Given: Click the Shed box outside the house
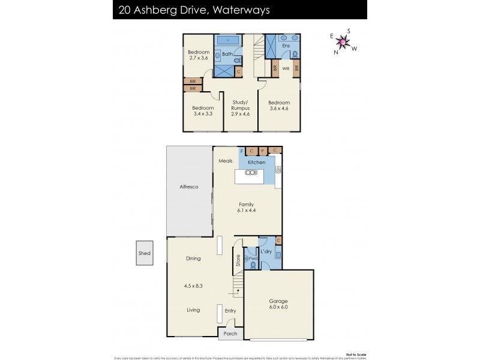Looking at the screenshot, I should tap(144, 253).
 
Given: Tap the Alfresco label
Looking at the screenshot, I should tap(189, 187).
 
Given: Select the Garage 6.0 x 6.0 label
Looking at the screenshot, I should tap(278, 304).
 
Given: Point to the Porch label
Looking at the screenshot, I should tap(230, 334).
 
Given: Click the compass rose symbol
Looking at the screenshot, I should tap(343, 41).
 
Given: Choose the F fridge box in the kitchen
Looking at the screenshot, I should tap(242, 151).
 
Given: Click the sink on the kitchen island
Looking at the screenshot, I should tap(251, 172).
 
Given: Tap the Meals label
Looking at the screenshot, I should tap(225, 161).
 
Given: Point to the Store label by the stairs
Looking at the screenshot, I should tap(238, 260).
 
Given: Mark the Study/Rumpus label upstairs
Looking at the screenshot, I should tap(240, 105).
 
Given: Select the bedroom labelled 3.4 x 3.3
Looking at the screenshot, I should tap(202, 110).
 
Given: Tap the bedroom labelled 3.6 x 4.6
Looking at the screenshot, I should tap(278, 106).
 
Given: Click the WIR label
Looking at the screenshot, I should tap(286, 68).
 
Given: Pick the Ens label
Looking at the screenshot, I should tap(286, 45).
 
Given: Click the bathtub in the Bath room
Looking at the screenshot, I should tap(229, 40).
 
